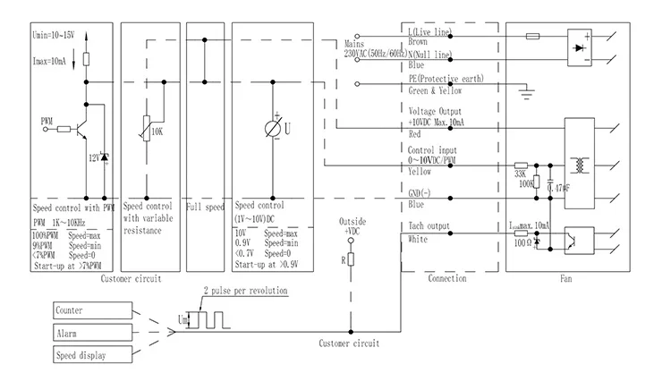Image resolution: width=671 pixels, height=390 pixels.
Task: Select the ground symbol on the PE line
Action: click(527, 89)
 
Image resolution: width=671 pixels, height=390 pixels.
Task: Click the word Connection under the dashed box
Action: click(448, 278)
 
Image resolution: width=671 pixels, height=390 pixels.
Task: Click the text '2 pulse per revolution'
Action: click(245, 292)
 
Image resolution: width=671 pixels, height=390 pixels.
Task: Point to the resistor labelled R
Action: click(352, 259)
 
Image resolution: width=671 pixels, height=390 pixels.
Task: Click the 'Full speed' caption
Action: click(205, 207)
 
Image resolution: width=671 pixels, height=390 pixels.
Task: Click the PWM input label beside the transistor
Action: click(47, 119)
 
